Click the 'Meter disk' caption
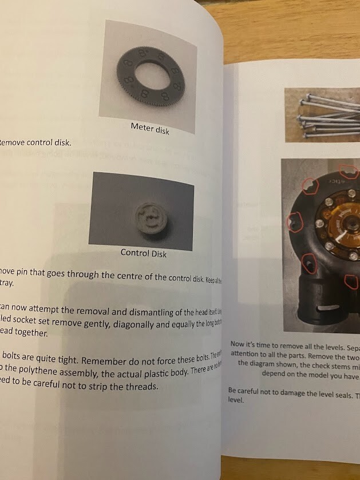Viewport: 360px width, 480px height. coord(150,128)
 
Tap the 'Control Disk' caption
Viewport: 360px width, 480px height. coord(143,253)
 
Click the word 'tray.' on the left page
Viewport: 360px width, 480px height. coord(7,283)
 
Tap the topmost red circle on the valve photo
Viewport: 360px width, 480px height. coord(347,170)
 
